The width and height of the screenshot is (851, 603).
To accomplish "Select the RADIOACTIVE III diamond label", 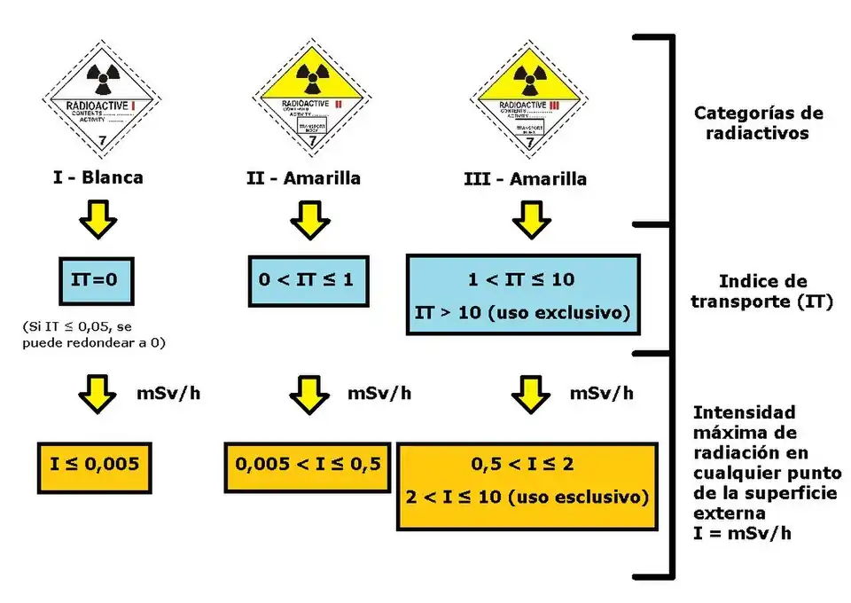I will tap(529, 97).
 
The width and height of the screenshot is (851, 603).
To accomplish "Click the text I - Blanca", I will tap(98, 177).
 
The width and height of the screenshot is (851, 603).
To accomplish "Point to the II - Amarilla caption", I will tap(303, 178).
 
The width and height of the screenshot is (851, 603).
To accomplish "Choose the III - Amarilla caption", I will tap(525, 179).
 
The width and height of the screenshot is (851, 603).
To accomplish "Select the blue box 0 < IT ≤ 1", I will tap(304, 280).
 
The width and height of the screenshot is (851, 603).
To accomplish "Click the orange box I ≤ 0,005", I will tap(98, 464).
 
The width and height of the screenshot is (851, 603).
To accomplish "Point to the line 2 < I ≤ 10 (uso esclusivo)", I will tap(527, 497).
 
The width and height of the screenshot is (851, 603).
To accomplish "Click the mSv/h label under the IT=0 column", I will tap(165, 392).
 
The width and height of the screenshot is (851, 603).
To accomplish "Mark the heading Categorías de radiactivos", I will tap(758, 123).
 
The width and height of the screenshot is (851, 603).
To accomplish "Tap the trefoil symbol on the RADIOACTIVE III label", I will tap(529, 76).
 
